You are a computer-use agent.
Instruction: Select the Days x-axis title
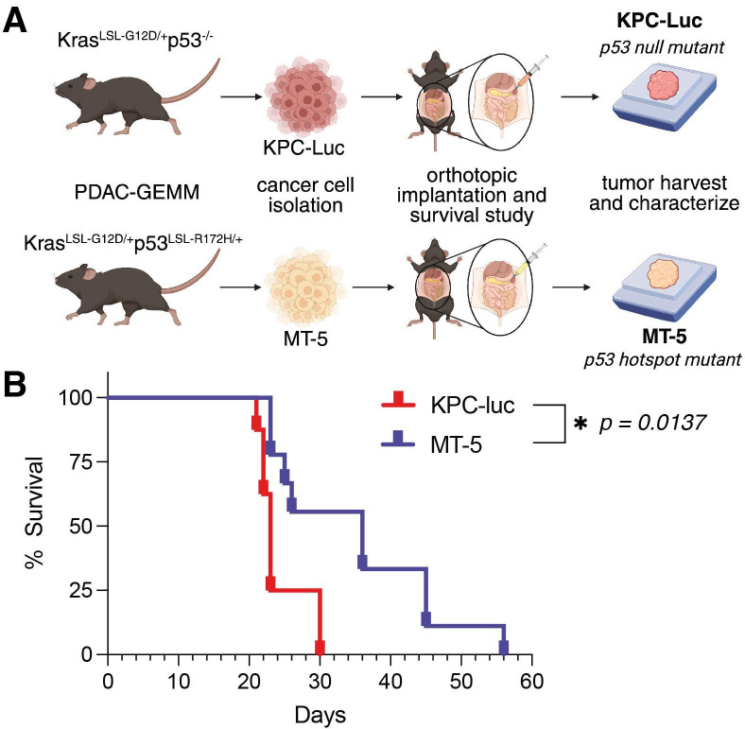pos(319,713)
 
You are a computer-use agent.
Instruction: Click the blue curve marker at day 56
pos(504,648)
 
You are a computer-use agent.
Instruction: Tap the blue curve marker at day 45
pos(426,619)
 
